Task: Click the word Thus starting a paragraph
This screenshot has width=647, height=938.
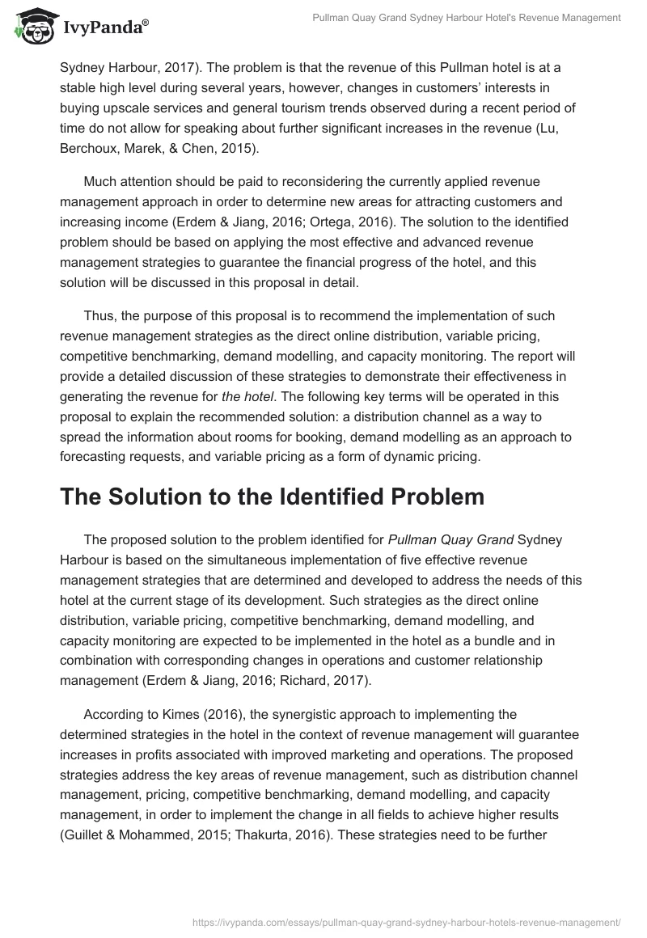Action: [x=99, y=315]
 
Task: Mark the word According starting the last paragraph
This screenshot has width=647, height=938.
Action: [x=113, y=714]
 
